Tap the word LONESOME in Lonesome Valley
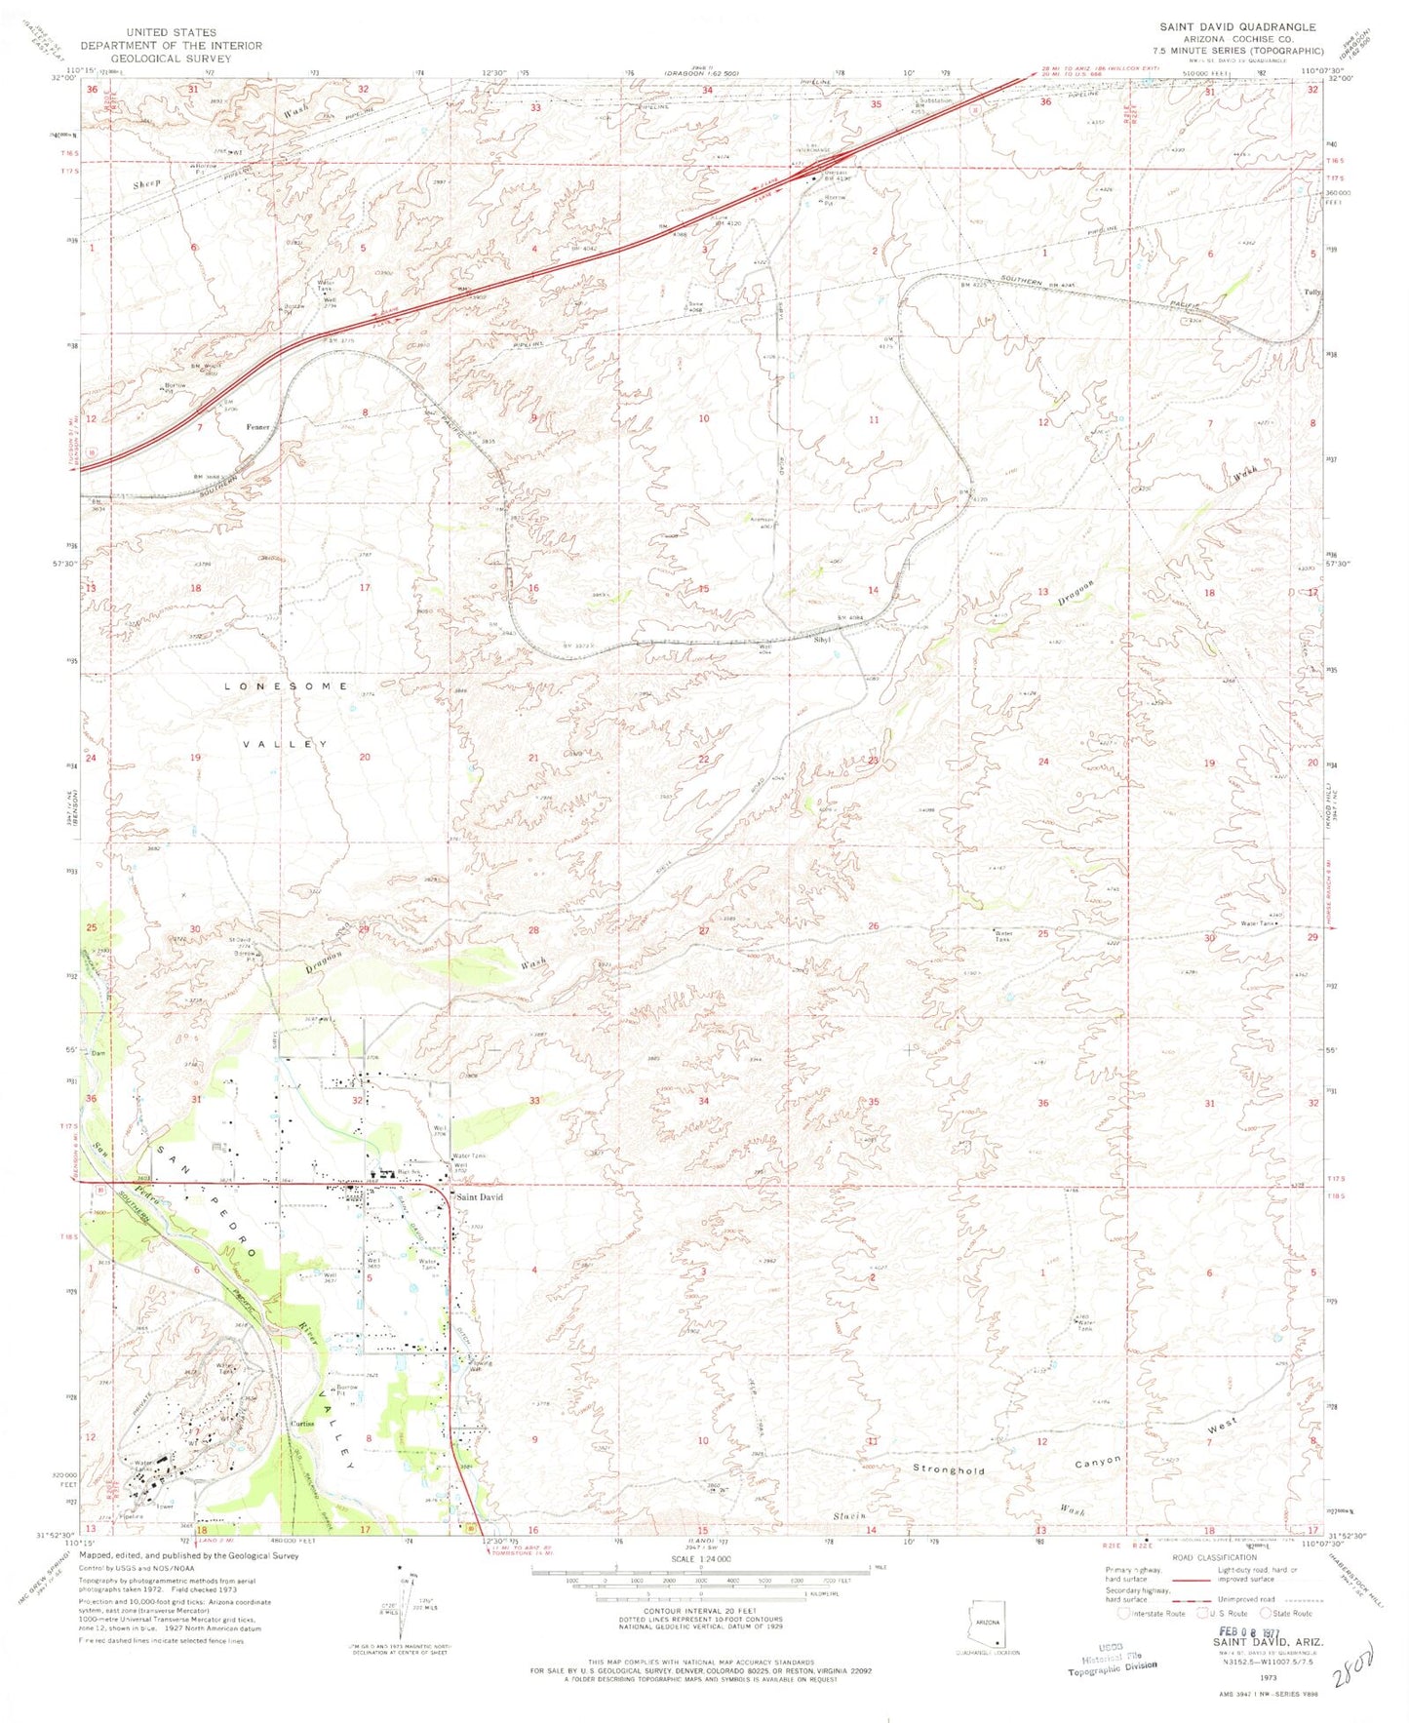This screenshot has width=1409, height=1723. click(x=286, y=686)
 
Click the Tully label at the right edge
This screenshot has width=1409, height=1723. click(x=1312, y=292)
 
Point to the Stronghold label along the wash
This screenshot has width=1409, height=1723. click(x=949, y=1468)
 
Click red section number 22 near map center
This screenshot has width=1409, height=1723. click(x=703, y=759)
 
